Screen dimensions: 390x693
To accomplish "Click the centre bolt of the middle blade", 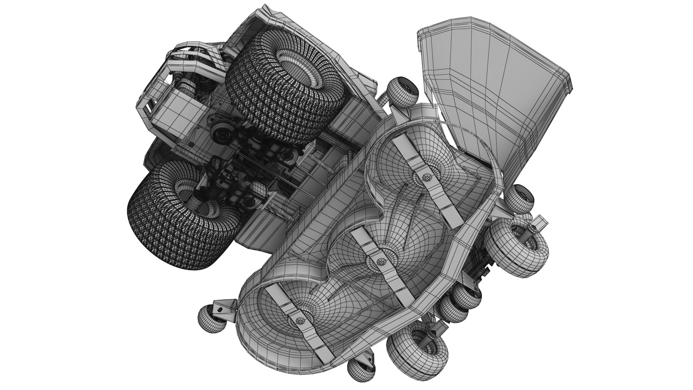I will (379, 260).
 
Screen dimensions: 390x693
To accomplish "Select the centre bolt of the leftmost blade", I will (299, 321).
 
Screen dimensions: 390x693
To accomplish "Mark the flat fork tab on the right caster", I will (540, 221).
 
